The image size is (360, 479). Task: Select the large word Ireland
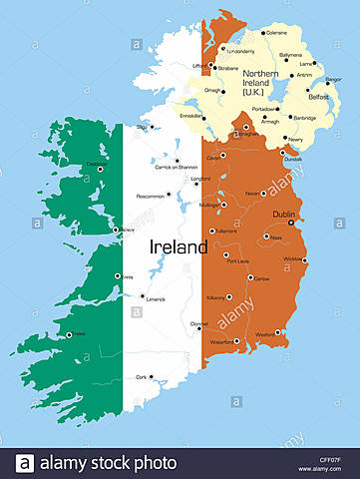click(179, 246)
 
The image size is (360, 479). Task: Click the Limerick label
click(155, 298)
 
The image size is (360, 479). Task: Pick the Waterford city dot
click(236, 341)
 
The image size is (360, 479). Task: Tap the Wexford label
click(264, 334)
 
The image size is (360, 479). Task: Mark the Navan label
click(255, 193)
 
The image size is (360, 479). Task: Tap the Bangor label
click(333, 79)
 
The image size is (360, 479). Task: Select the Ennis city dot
click(117, 275)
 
